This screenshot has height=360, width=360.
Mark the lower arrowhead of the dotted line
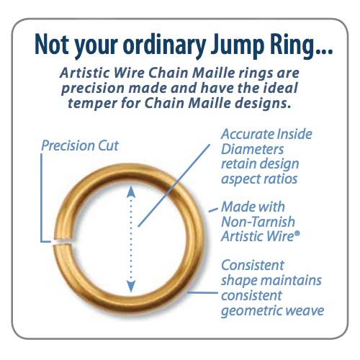coord(130,289)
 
